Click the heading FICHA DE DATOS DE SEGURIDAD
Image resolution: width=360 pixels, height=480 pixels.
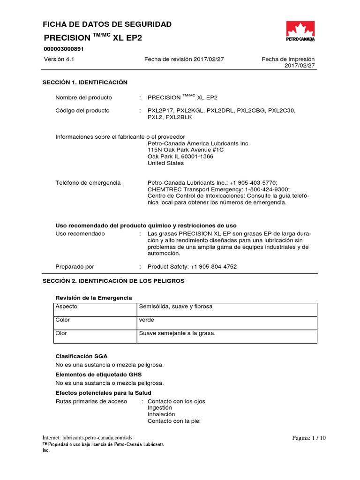point(107,24)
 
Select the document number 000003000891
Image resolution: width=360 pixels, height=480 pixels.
point(65,49)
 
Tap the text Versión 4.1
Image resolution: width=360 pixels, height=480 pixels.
point(60,60)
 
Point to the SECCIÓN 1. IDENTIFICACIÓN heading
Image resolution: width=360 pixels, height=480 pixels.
point(85,82)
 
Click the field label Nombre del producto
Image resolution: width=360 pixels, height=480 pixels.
point(83,97)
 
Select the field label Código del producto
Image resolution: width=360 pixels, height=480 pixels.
point(82,111)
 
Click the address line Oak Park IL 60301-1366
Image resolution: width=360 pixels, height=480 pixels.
point(180,157)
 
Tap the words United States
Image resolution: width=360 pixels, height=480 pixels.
point(165,163)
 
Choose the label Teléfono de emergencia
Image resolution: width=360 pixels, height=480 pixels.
point(88,183)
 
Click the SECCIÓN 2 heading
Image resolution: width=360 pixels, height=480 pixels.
point(113,281)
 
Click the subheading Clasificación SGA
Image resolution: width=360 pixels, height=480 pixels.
point(82,357)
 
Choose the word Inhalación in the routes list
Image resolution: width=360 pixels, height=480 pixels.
point(161,414)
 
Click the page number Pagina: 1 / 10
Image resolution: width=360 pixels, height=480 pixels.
point(308,438)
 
